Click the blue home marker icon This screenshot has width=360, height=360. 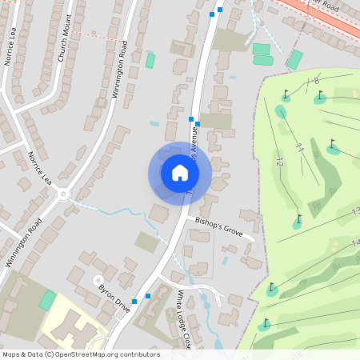179,173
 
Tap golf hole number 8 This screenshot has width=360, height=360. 317,80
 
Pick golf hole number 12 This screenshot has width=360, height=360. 279,162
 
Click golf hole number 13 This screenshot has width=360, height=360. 355,212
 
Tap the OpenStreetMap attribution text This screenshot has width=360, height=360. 80,354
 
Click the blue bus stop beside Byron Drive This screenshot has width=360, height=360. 135,301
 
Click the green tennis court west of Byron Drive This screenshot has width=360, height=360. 48,301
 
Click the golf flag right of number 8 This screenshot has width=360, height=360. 321,96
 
